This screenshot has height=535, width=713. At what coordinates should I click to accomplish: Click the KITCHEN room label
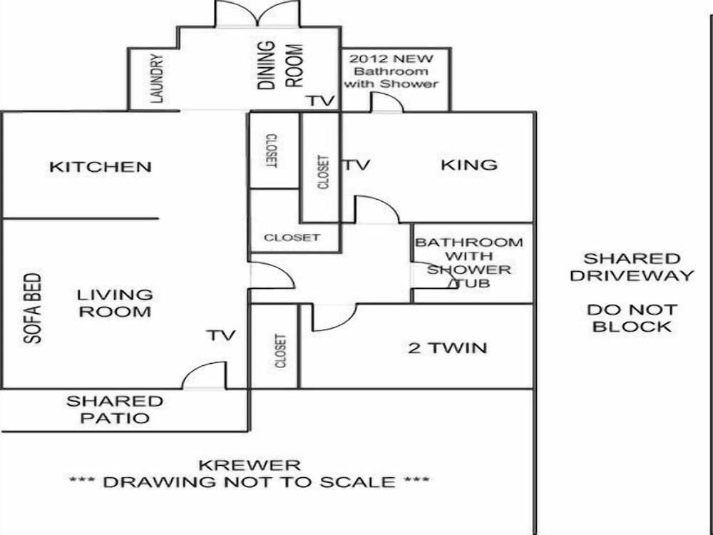coord(101,167)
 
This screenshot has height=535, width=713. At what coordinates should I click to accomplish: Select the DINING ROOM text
coord(280,65)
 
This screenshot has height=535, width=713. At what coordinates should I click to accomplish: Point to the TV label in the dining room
coord(321,101)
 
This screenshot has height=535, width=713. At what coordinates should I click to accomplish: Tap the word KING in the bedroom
coord(468,165)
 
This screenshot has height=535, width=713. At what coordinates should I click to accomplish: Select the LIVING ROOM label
coord(115,303)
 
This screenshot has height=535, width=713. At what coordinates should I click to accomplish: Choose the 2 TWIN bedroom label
coord(448,348)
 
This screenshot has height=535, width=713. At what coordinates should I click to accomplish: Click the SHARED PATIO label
coord(115,410)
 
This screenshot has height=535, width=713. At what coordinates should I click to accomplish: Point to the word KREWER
coord(249,465)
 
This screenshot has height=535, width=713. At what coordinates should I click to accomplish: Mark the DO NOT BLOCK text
coord(632,318)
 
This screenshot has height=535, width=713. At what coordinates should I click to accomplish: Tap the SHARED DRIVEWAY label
coord(632,267)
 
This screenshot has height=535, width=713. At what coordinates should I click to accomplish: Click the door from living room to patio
coord(205,377)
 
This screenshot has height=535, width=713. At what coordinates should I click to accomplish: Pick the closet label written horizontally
coord(292,238)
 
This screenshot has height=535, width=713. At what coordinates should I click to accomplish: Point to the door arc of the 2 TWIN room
coord(334,317)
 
